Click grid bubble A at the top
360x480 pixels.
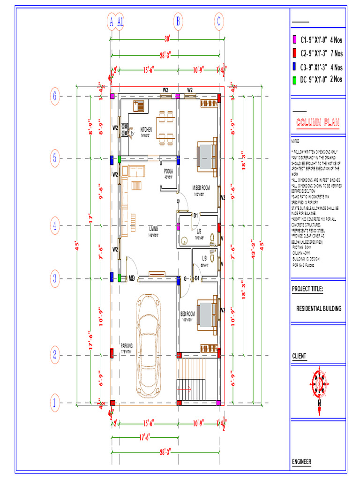pyautogui.click(x=111, y=21)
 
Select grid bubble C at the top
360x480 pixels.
pyautogui.click(x=219, y=21)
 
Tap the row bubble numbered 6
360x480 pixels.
pyautogui.click(x=55, y=97)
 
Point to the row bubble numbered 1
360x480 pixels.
pyautogui.click(x=55, y=402)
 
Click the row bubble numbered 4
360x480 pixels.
pyautogui.click(x=55, y=225)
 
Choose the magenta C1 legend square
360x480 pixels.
pyautogui.click(x=294, y=39)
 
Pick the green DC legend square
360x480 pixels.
pyautogui.click(x=294, y=80)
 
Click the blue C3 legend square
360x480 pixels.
pyautogui.click(x=294, y=67)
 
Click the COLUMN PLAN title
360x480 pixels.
pyautogui.click(x=318, y=124)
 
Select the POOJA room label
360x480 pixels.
pyautogui.click(x=168, y=171)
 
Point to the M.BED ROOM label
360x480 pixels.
pyautogui.click(x=201, y=187)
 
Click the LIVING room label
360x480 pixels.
pyautogui.click(x=153, y=229)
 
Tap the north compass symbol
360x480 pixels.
pyautogui.click(x=319, y=385)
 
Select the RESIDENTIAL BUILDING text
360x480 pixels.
pyautogui.click(x=319, y=308)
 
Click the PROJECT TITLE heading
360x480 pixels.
pyautogui.click(x=307, y=288)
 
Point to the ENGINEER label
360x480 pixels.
pyautogui.click(x=301, y=462)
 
